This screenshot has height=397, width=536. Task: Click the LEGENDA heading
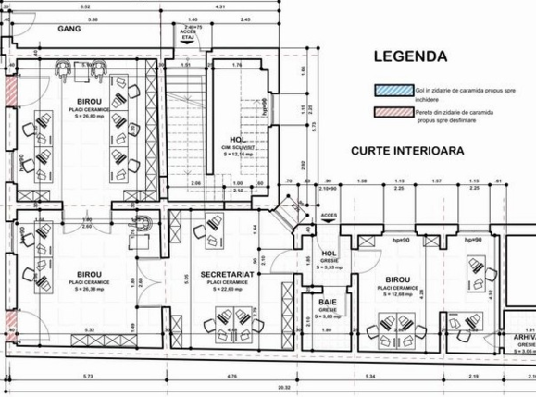410,56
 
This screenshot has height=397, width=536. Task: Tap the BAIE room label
327,303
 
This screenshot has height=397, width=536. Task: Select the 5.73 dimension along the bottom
85,377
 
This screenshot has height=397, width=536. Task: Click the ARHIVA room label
521,340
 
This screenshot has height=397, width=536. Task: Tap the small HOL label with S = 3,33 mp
327,254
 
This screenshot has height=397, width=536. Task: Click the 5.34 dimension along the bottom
369,377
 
